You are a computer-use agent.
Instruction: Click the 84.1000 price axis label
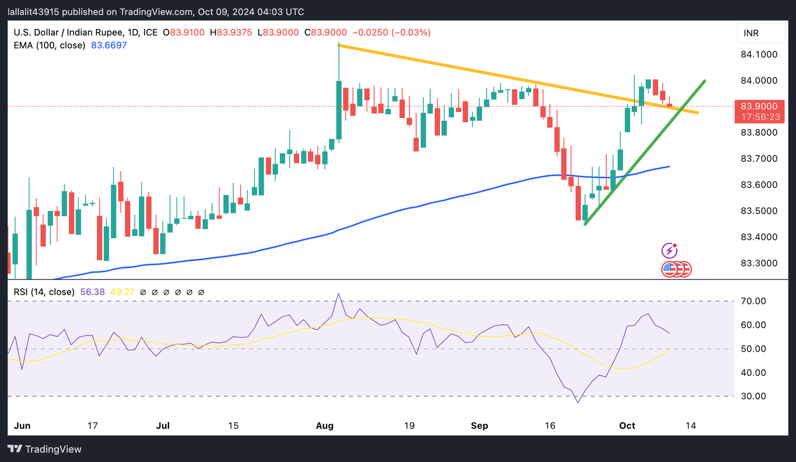tap(759, 54)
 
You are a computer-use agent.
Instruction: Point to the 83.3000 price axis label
tap(759, 263)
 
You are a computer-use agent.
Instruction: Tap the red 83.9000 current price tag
tap(759, 111)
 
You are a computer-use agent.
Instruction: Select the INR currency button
tap(751, 33)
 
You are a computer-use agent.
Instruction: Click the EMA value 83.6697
tap(109, 45)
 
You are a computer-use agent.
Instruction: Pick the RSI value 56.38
tap(92, 292)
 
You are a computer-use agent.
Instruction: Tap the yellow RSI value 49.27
tap(122, 292)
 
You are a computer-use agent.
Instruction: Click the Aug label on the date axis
tap(324, 426)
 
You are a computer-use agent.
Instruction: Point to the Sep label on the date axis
tap(479, 426)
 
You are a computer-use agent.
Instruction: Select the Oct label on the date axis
tap(627, 426)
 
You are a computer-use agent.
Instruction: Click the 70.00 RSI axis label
tap(754, 301)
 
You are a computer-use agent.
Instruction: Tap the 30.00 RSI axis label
tap(754, 396)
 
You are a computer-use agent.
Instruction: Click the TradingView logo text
tap(53, 449)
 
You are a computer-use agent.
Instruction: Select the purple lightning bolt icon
tap(670, 251)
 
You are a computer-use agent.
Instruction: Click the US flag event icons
tap(676, 269)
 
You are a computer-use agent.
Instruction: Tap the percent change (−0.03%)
tap(411, 32)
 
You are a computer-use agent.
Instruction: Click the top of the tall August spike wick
tap(338, 44)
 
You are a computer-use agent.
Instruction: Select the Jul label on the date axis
tap(163, 426)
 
